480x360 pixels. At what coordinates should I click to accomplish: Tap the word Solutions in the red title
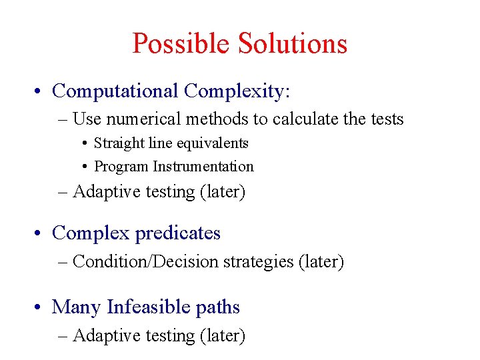pyautogui.click(x=293, y=44)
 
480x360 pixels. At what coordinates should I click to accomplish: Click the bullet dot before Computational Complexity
pyautogui.click(x=39, y=91)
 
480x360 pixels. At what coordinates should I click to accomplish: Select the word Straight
pyautogui.click(x=118, y=143)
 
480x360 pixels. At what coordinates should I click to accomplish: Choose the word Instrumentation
pyautogui.click(x=203, y=167)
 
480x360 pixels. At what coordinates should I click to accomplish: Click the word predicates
pyautogui.click(x=177, y=233)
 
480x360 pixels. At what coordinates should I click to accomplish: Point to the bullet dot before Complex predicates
pyautogui.click(x=39, y=233)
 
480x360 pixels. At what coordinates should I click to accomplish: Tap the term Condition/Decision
pyautogui.click(x=145, y=262)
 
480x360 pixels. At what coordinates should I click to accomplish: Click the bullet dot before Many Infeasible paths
pyautogui.click(x=39, y=307)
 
